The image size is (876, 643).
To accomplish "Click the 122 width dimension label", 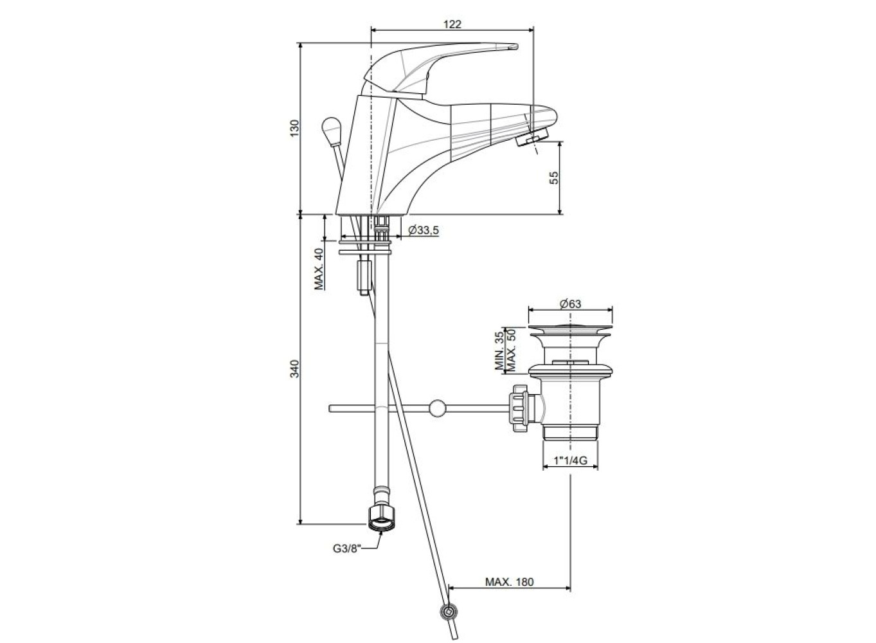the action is pyautogui.click(x=452, y=24).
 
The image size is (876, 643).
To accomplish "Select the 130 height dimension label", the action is pyautogui.click(x=294, y=128).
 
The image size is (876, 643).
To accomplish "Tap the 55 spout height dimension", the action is pyautogui.click(x=554, y=177).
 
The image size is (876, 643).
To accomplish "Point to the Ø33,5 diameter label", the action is pyautogui.click(x=424, y=230).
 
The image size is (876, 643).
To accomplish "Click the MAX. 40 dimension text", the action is pyautogui.click(x=319, y=269).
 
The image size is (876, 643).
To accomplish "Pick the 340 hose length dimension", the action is pyautogui.click(x=294, y=368).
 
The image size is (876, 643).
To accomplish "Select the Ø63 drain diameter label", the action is pyautogui.click(x=570, y=303).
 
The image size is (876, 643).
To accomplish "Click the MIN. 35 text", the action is pyautogui.click(x=499, y=351).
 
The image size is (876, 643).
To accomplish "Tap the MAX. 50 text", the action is pyautogui.click(x=511, y=350).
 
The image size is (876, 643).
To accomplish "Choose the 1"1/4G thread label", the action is pyautogui.click(x=570, y=460).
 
